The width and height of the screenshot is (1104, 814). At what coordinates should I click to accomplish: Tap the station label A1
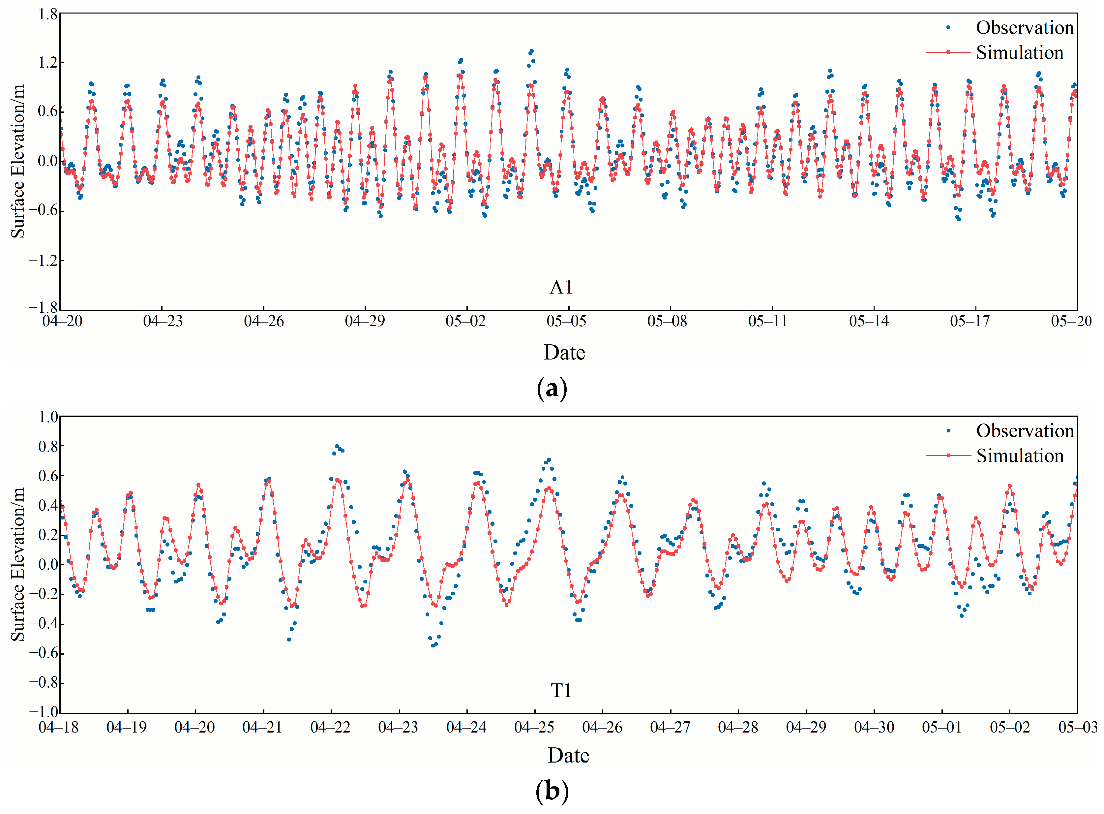tap(561, 287)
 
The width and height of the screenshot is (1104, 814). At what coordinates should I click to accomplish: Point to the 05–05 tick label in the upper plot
tap(566, 321)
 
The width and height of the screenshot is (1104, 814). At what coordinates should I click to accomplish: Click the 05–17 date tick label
tap(970, 321)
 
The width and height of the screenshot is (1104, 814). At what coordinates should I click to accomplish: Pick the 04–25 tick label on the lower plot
tap(534, 727)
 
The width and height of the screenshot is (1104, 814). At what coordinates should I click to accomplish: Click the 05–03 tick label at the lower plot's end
tap(1077, 727)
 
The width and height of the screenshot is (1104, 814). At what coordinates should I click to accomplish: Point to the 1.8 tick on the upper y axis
tap(48, 14)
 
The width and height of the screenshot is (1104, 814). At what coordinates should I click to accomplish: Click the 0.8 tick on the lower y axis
tap(48, 447)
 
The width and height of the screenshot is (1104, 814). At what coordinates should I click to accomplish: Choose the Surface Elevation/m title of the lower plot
tap(18, 564)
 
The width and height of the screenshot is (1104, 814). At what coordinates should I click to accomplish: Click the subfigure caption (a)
tap(552, 389)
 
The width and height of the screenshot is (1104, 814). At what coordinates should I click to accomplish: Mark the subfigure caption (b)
tap(552, 792)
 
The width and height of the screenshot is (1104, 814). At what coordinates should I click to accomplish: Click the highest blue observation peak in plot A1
tap(532, 51)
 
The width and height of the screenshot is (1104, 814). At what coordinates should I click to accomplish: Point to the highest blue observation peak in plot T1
tap(337, 447)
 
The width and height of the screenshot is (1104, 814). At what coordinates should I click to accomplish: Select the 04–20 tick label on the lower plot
tap(194, 727)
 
